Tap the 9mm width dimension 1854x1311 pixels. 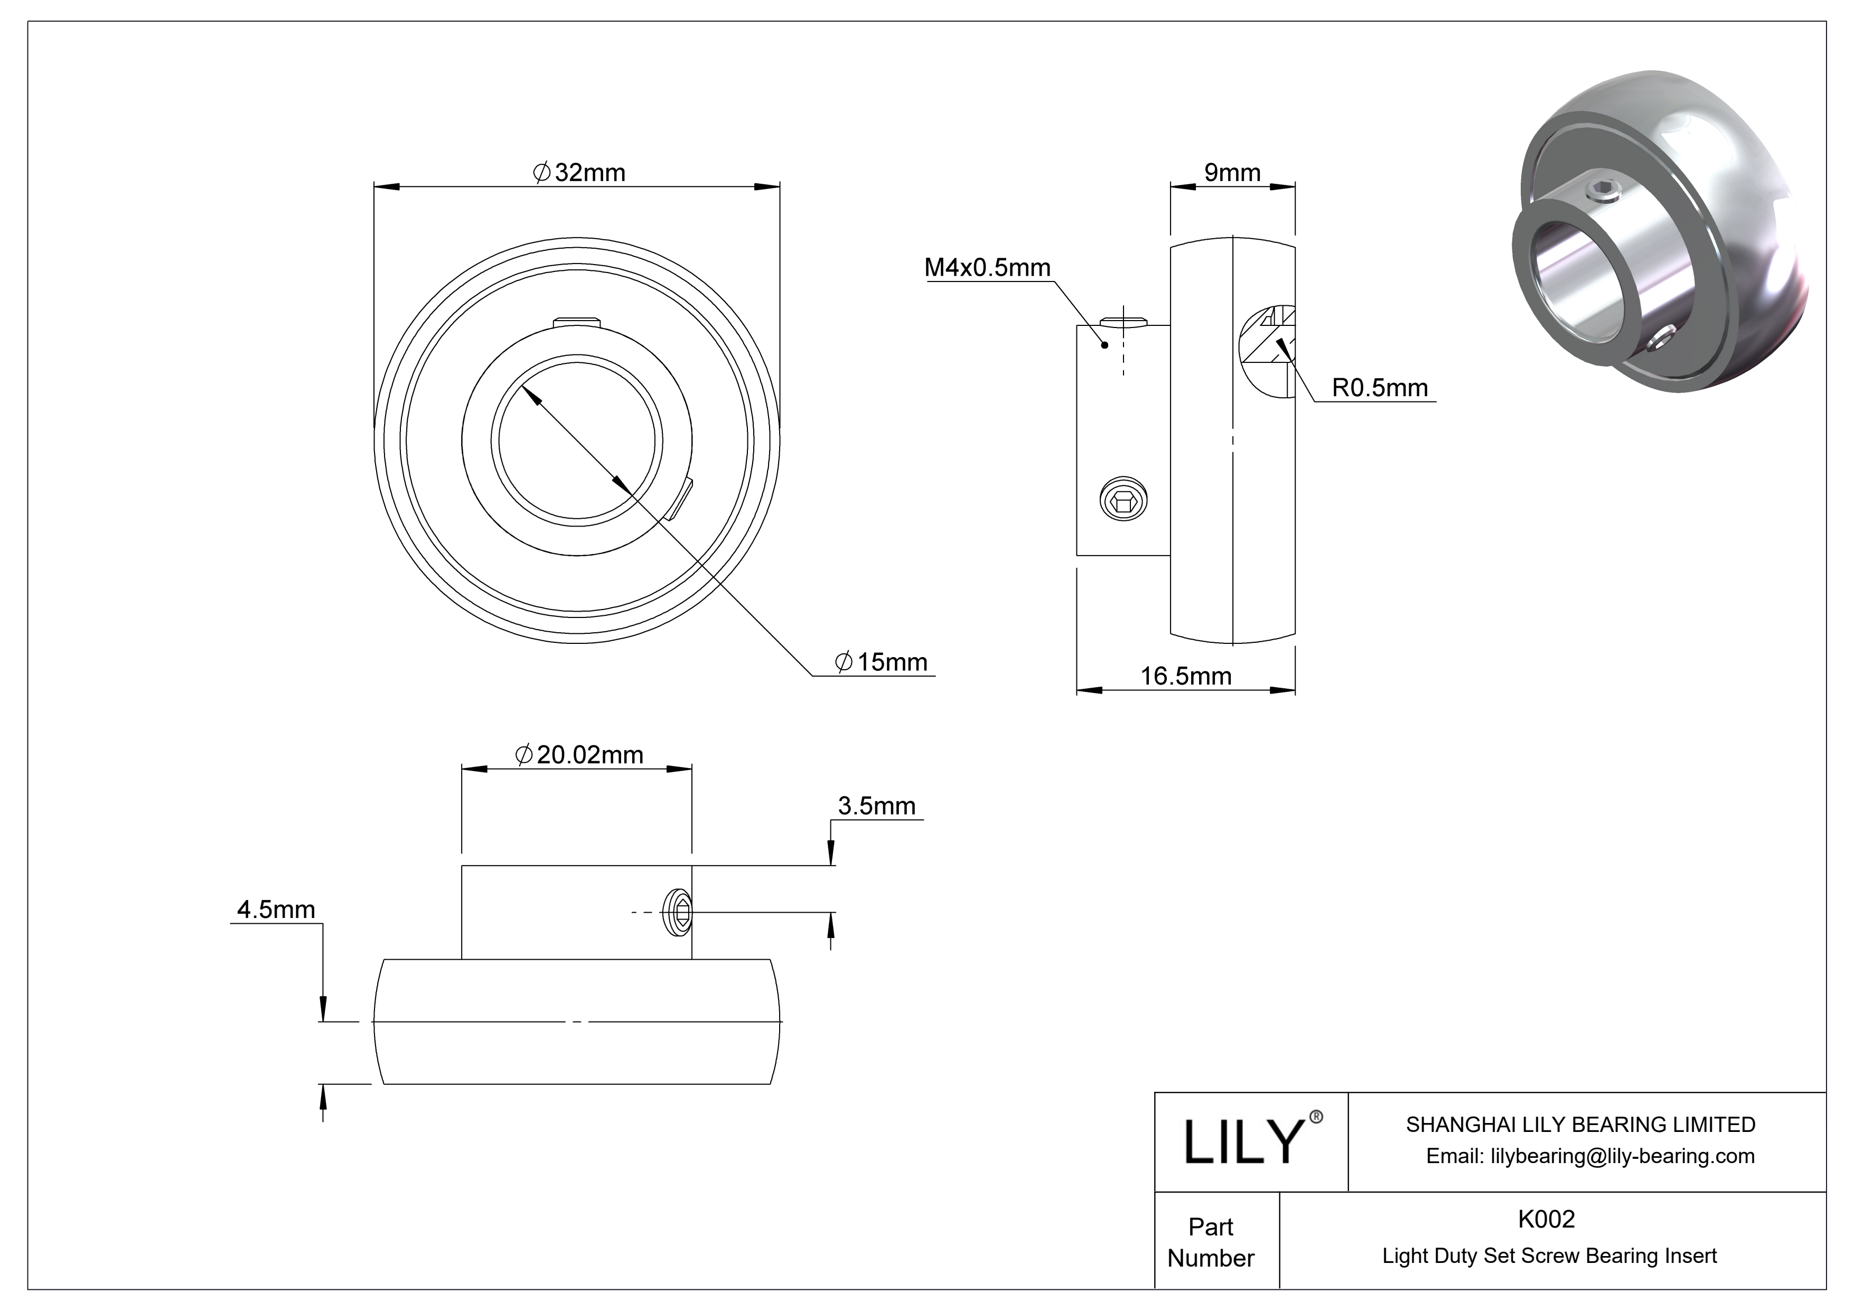(x=1232, y=173)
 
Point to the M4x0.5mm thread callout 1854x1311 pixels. (x=987, y=267)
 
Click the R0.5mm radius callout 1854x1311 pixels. (x=1379, y=388)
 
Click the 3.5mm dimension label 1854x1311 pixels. (x=876, y=806)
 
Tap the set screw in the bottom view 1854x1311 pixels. (x=680, y=913)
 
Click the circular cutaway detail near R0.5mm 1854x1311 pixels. (x=1266, y=351)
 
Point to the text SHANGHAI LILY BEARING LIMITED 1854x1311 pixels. (x=1580, y=1125)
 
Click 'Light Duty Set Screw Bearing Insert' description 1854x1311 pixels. (x=1549, y=1256)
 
